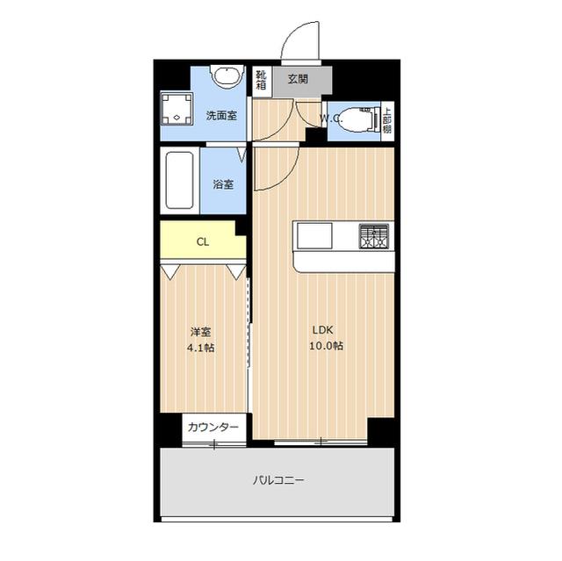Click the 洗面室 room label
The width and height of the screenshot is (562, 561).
[221, 116]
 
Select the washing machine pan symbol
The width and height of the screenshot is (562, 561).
[177, 109]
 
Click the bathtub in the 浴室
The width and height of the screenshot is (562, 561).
[179, 180]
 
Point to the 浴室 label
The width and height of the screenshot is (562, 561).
[223, 184]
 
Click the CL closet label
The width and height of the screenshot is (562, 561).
[203, 242]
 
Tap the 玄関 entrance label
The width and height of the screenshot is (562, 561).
[298, 79]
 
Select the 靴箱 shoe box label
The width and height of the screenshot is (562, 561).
[261, 80]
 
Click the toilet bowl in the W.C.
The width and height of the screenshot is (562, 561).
[356, 119]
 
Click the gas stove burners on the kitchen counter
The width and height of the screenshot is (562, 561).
[374, 236]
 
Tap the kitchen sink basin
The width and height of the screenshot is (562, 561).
[314, 235]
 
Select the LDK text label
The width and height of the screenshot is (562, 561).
[323, 330]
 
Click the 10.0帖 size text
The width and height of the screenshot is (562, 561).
[326, 346]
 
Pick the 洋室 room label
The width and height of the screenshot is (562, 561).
[200, 332]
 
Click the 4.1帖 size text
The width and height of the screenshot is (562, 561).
[201, 348]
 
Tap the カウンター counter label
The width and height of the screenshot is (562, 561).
[213, 427]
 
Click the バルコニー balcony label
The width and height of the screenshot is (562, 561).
[278, 479]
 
